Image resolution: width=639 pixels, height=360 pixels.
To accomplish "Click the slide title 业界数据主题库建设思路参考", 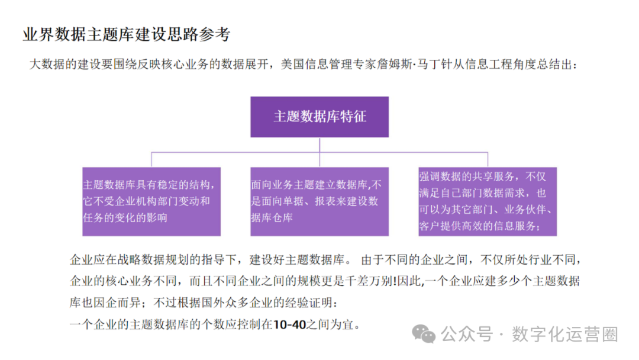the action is coord(125,34).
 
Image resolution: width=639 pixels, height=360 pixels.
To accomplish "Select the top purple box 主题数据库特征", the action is coord(319,117).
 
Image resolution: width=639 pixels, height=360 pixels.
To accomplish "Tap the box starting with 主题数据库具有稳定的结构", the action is coord(151,201).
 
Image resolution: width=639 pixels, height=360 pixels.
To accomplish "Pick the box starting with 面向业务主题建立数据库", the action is coord(319,201).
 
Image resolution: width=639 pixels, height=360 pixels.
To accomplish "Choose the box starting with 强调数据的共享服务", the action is coord(488,201).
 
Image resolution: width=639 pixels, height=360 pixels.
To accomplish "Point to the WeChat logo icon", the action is coord(424,334).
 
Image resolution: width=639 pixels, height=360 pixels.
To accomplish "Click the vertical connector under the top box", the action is coord(319,146).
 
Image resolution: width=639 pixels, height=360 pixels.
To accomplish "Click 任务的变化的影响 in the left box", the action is coord(125,217).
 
